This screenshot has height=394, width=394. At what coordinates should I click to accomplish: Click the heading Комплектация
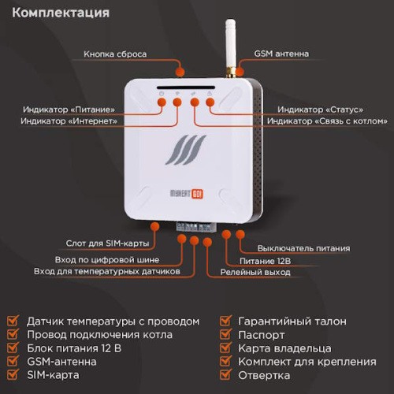coord(61,13)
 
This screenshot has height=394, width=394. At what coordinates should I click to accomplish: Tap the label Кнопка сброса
coord(115,54)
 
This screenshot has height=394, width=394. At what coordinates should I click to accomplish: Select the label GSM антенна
coord(281,54)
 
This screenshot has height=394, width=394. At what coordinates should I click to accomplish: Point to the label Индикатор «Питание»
coord(69,109)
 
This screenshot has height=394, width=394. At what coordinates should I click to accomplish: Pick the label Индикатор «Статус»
coord(321,109)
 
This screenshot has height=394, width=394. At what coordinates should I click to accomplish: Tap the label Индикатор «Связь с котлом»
coord(327,121)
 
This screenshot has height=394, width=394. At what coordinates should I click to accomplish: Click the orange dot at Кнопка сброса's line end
coord(180,72)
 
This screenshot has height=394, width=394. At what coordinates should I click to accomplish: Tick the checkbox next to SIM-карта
coord(13,375)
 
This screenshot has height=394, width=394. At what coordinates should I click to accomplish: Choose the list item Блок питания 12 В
coord(73,348)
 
